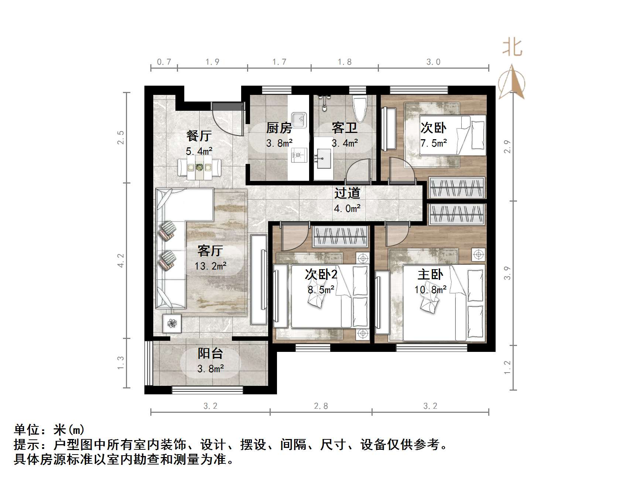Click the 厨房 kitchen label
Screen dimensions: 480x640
279,128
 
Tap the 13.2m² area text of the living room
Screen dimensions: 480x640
210,266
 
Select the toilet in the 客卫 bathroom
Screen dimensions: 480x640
359,107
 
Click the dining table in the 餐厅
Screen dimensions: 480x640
199,168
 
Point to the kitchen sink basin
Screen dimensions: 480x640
299,119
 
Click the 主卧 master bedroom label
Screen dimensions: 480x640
430,274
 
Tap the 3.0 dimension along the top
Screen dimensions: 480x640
433,62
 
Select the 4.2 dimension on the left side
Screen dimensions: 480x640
121,260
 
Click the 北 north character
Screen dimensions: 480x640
512,48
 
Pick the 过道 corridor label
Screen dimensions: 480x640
347,193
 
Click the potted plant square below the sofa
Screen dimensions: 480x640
172,324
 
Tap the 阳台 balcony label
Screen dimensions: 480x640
210,353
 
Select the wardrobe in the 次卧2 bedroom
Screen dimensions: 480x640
340,236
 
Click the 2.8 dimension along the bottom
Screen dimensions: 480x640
321,406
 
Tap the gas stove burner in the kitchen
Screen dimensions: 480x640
298,155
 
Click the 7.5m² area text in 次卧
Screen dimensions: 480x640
434,143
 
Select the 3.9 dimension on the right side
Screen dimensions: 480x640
507,273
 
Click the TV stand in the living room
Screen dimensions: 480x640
259,280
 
